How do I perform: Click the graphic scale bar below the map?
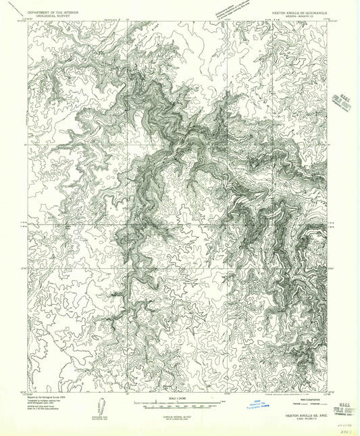pyautogui.click(x=179, y=404)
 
